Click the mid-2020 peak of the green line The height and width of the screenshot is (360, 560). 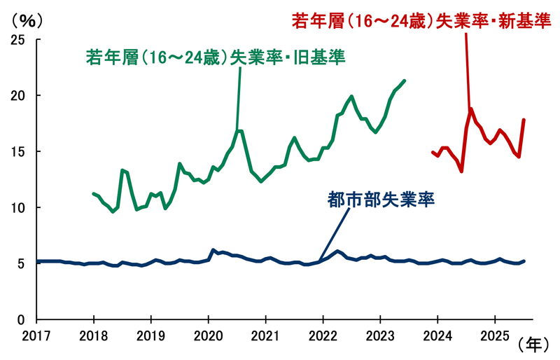coord(240,131)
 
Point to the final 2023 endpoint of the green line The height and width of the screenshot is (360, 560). coord(405,81)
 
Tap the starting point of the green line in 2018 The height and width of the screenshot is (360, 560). coord(93,193)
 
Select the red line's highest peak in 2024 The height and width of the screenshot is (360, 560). coord(471,109)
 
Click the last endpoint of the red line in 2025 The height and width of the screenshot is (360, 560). coord(524,120)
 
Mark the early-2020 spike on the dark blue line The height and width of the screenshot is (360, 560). coord(213,250)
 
